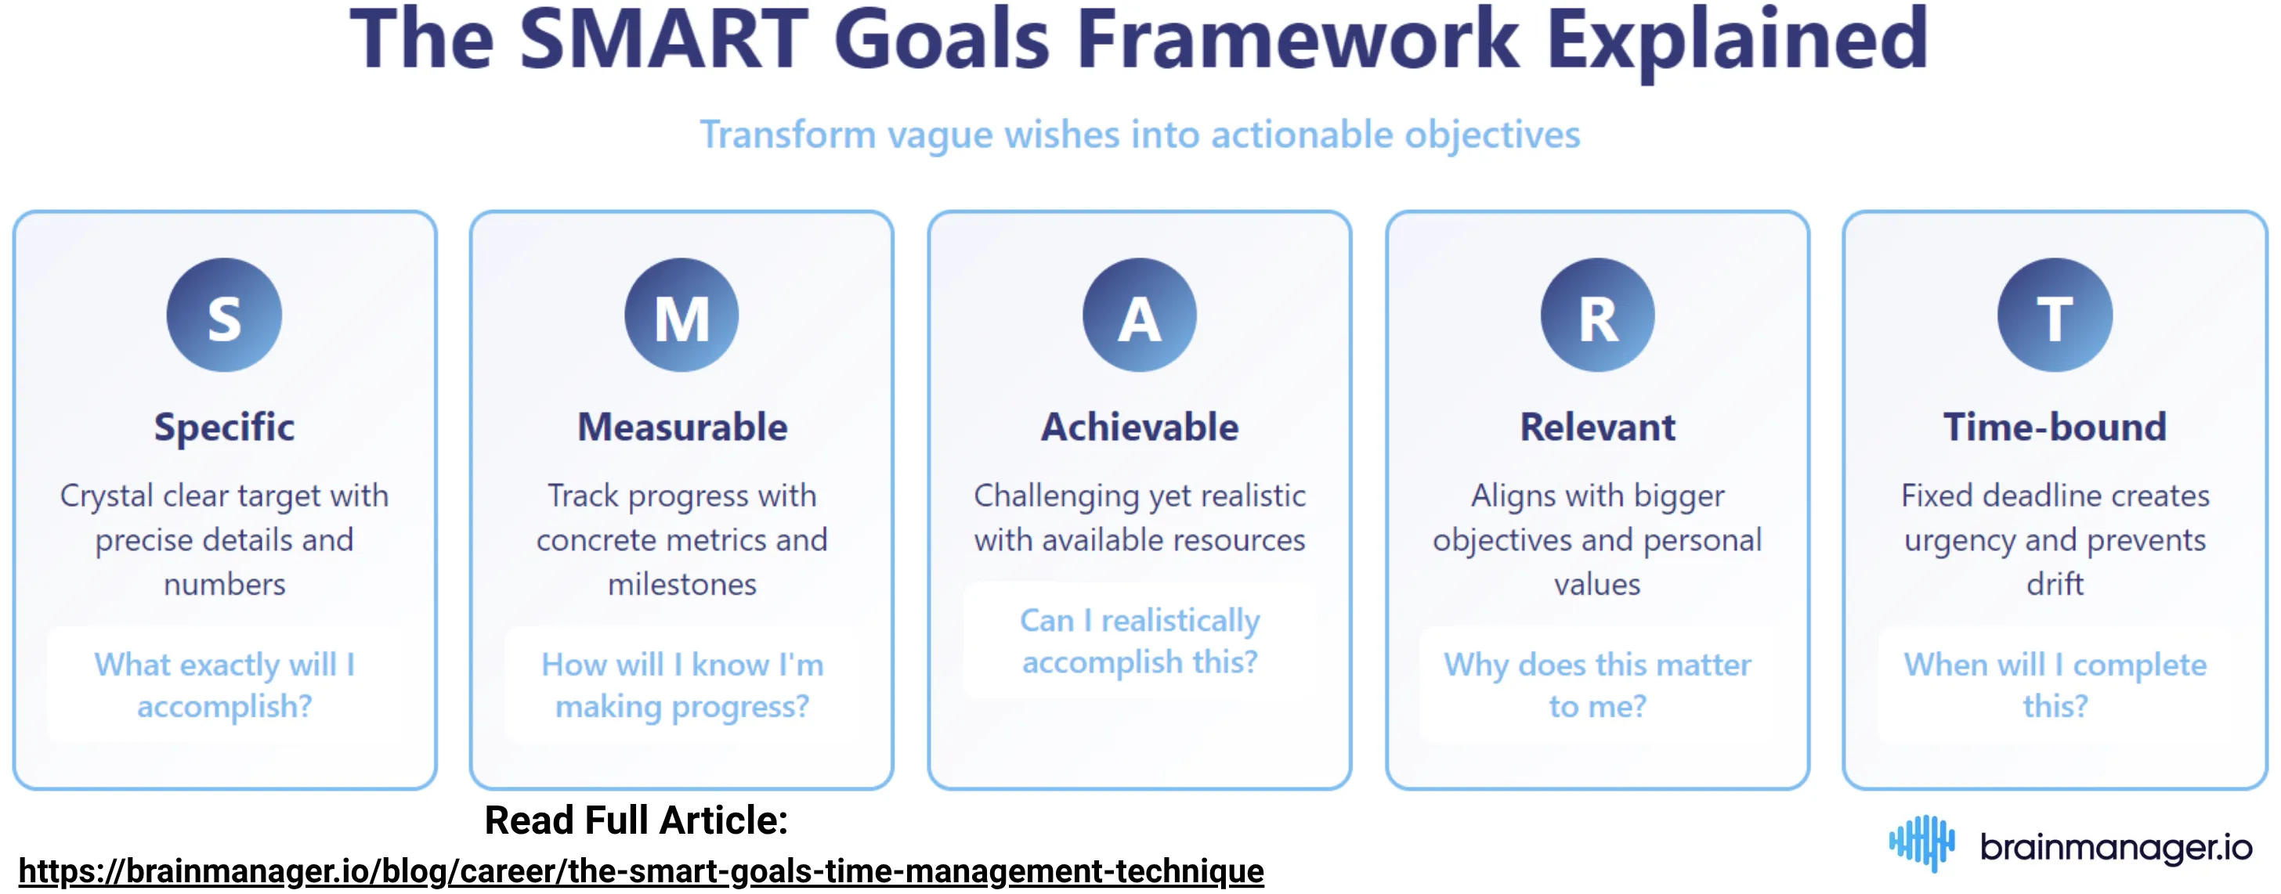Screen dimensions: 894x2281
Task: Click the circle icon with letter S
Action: (x=224, y=315)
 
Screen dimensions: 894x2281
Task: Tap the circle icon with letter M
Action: (x=681, y=315)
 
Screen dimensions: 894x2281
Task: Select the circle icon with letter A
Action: (x=1139, y=315)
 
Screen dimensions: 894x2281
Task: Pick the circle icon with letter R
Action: (x=1596, y=315)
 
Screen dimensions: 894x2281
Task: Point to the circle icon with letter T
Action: (x=2055, y=315)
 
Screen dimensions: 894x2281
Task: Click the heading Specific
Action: (x=224, y=427)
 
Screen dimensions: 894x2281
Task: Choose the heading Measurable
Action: (x=681, y=427)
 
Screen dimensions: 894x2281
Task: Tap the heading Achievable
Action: (x=1139, y=427)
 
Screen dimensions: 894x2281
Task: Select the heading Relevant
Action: (x=1596, y=427)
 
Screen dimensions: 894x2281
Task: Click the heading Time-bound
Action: (x=2055, y=427)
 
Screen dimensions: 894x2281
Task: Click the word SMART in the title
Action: (x=663, y=40)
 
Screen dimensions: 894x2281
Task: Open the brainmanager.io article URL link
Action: (x=641, y=871)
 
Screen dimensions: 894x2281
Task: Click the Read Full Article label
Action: (x=636, y=820)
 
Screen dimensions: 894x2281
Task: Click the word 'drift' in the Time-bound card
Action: (x=2055, y=584)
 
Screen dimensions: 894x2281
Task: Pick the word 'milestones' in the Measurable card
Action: (x=681, y=584)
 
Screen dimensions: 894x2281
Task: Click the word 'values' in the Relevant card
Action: (x=1596, y=584)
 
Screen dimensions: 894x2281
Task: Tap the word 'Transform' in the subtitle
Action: (x=787, y=135)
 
